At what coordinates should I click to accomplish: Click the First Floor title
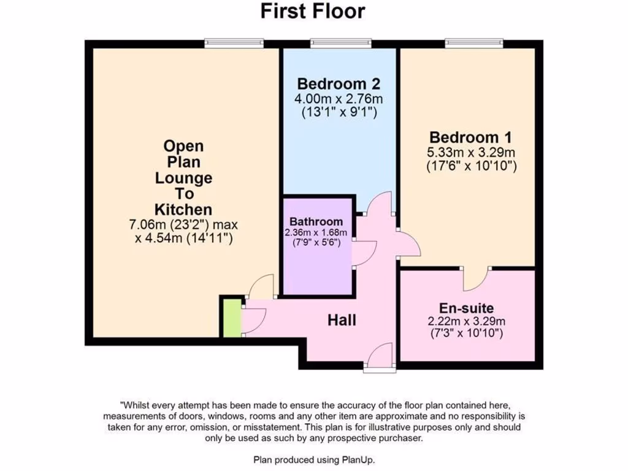click(x=313, y=11)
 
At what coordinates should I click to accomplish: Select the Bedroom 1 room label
click(x=471, y=137)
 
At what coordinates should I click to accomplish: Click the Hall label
click(x=342, y=320)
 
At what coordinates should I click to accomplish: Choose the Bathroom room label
click(x=316, y=221)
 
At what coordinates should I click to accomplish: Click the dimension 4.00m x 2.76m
click(x=339, y=99)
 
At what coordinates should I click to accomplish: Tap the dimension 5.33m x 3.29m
click(x=471, y=152)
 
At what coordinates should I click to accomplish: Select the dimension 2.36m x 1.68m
click(x=316, y=232)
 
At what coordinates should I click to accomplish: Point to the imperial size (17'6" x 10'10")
click(x=471, y=166)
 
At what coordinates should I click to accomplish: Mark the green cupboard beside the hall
click(x=231, y=317)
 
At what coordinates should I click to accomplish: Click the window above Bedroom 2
click(x=341, y=43)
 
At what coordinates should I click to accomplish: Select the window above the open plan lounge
click(x=234, y=43)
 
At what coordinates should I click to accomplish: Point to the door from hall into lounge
click(x=261, y=287)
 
